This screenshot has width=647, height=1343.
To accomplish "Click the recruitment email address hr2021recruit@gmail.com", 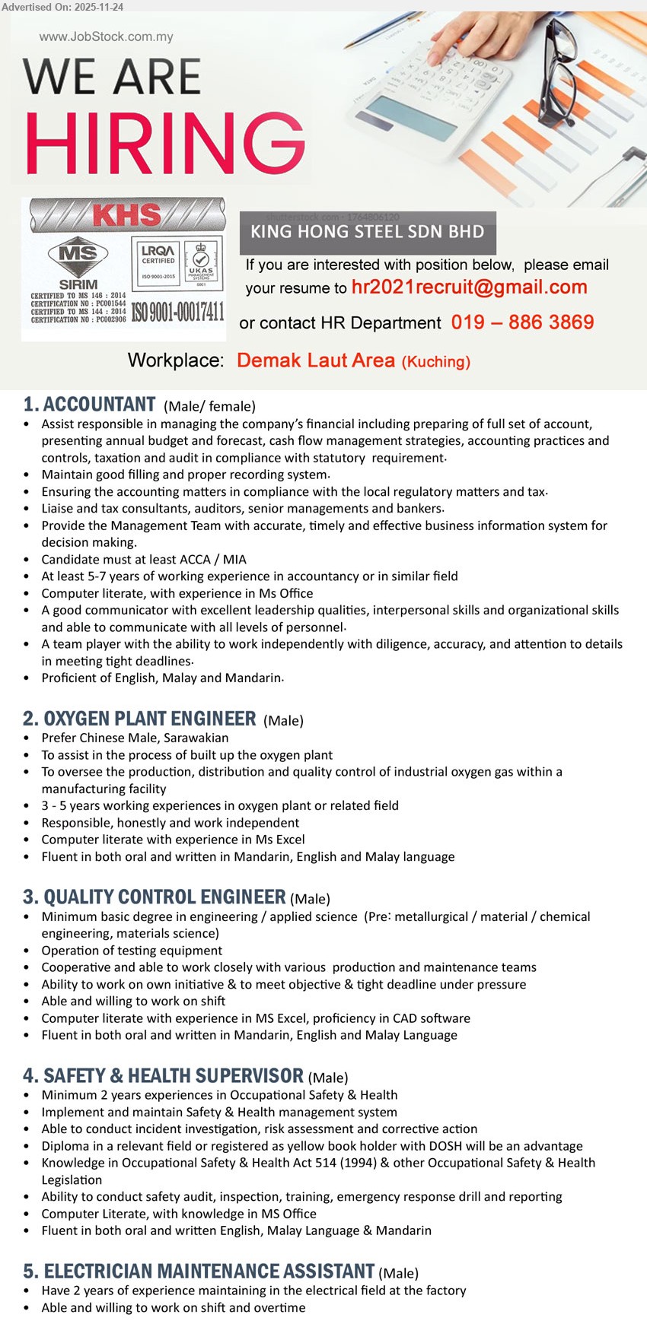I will [469, 287].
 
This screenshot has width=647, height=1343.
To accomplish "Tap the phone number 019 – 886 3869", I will [522, 322].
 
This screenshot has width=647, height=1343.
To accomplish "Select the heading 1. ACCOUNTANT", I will [90, 405].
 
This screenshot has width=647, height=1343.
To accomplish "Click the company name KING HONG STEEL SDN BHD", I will [367, 232].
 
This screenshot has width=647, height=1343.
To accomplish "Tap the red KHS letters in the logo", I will [126, 215].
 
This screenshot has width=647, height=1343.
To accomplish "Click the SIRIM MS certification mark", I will [78, 262].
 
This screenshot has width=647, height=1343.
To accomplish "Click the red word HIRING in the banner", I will [164, 143].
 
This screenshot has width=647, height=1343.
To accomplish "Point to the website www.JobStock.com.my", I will [106, 37].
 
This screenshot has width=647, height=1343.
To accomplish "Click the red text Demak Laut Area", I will [316, 360].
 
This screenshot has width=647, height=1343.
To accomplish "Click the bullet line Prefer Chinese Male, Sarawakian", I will [135, 738].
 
